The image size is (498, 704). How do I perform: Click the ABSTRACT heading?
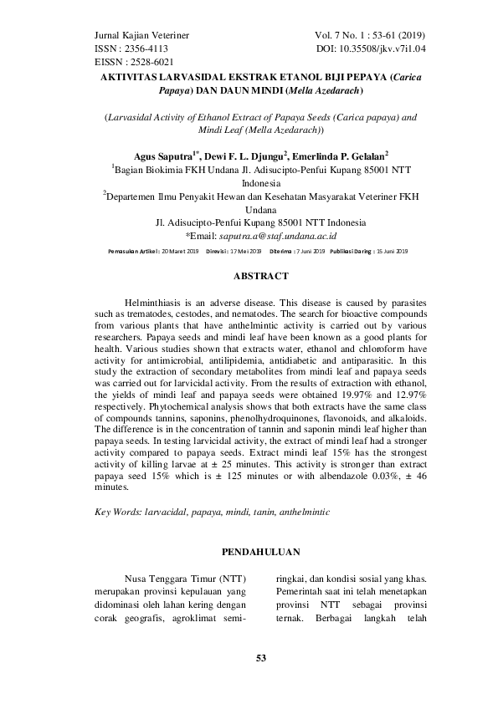(x=249, y=275)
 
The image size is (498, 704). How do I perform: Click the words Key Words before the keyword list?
(x=116, y=510)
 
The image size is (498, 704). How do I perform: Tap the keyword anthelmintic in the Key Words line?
(x=302, y=510)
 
